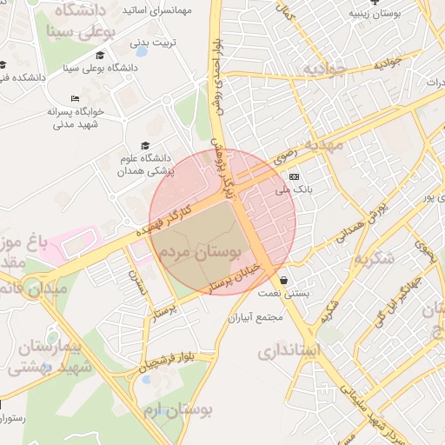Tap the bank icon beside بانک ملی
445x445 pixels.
point(305,176)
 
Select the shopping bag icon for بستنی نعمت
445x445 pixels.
point(286,280)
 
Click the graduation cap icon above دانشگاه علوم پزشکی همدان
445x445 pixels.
point(145,146)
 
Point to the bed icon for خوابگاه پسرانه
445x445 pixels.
point(75,98)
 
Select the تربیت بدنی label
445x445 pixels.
point(151,42)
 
